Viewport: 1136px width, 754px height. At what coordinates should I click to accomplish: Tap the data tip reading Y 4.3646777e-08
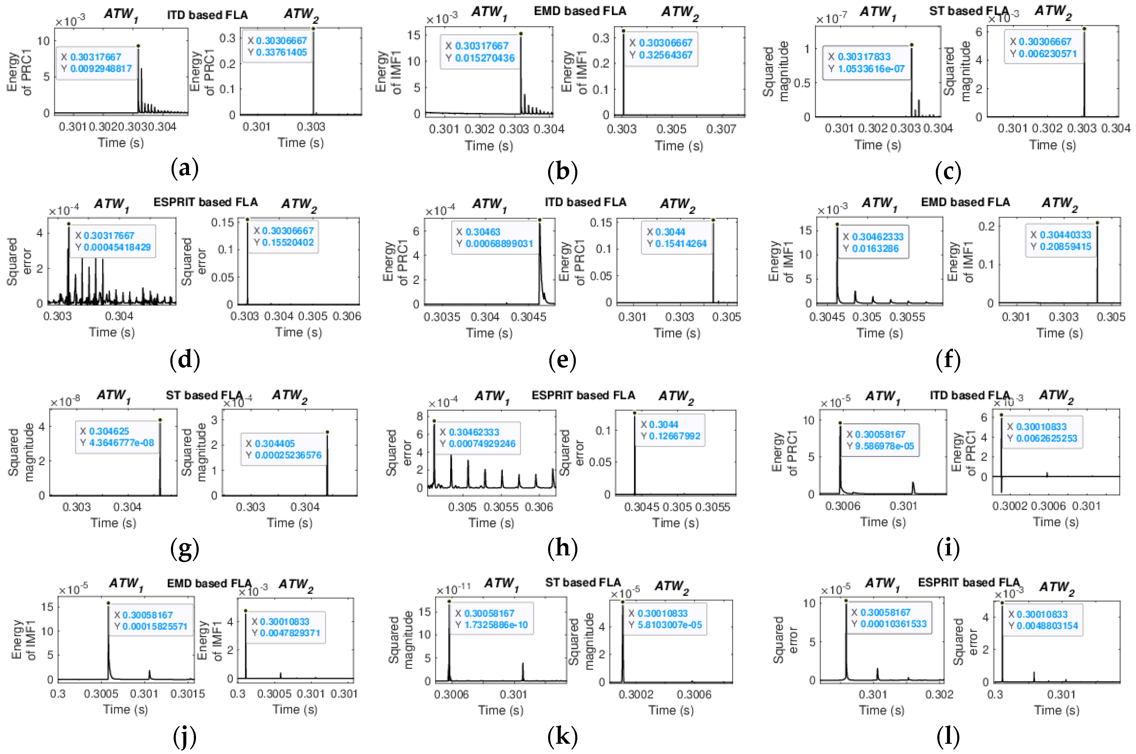[117, 437]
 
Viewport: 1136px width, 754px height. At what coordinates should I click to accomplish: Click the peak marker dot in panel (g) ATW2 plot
[327, 432]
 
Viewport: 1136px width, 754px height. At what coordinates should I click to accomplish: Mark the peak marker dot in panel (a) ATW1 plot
[138, 46]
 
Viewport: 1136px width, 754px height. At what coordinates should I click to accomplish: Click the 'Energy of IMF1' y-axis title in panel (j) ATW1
[24, 639]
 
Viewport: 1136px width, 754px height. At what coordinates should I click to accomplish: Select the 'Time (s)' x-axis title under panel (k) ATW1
[500, 710]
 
